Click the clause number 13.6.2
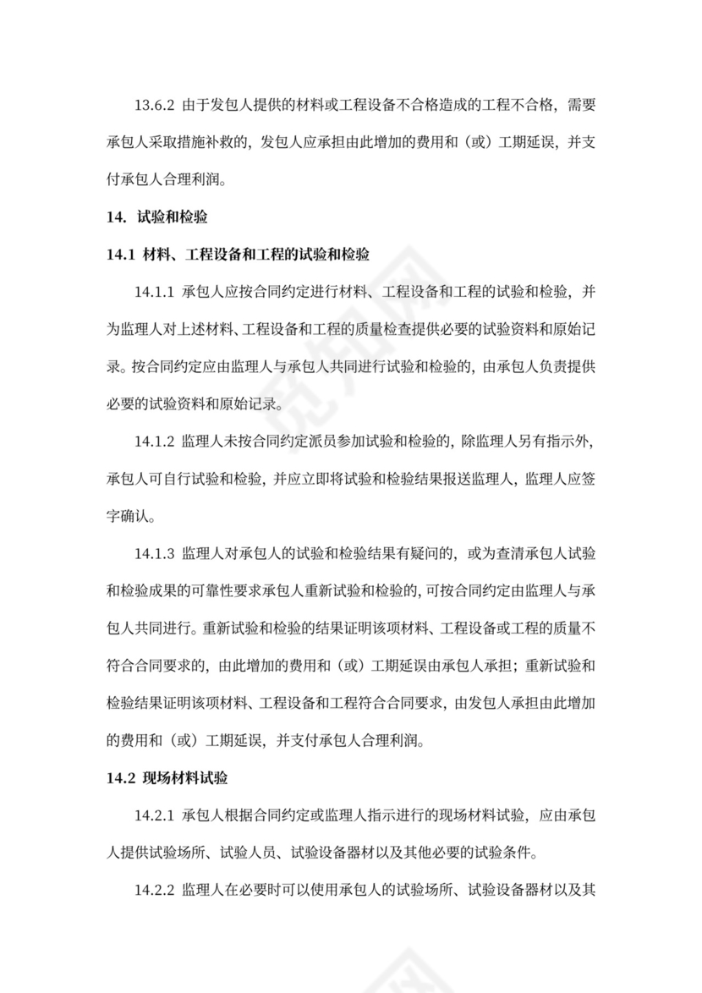pos(153,105)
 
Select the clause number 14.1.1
pos(153,292)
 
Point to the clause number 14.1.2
pos(153,442)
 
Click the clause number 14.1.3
pos(153,554)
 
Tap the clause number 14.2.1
pos(153,816)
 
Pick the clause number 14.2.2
pos(153,892)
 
